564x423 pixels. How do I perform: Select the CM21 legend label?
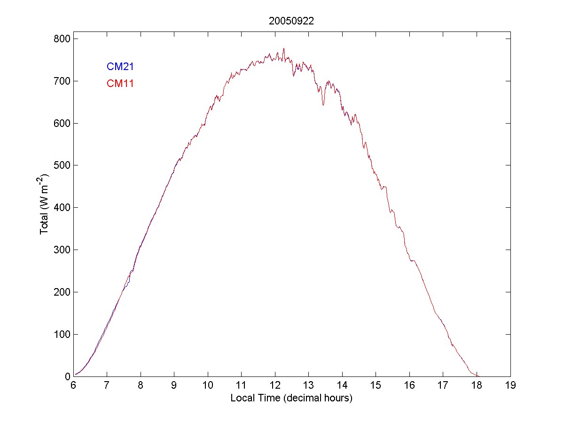[x=120, y=67]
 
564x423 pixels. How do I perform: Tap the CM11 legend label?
[x=120, y=84]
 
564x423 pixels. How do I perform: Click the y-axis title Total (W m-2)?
[x=45, y=204]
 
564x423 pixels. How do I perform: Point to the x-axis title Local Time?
[x=291, y=398]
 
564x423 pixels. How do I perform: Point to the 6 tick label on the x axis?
[x=73, y=386]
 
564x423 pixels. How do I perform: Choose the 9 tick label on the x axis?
[x=174, y=386]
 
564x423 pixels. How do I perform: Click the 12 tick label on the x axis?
[x=275, y=386]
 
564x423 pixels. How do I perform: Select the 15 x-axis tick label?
[x=376, y=386]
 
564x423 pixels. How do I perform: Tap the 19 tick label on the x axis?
[x=510, y=386]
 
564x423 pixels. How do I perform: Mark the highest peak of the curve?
[x=284, y=48]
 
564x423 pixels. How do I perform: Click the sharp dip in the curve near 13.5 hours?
[x=323, y=104]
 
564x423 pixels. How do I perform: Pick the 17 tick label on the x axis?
[x=443, y=386]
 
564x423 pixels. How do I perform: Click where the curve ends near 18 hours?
[x=478, y=376]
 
